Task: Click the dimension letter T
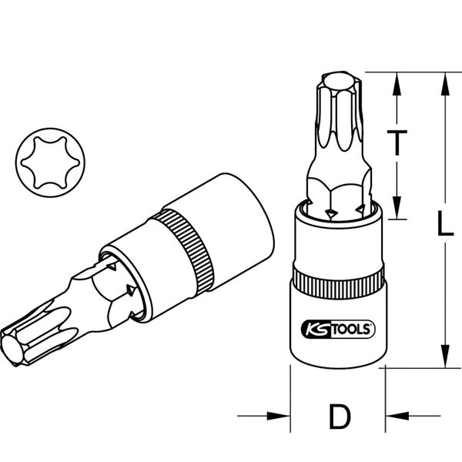[397, 144]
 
